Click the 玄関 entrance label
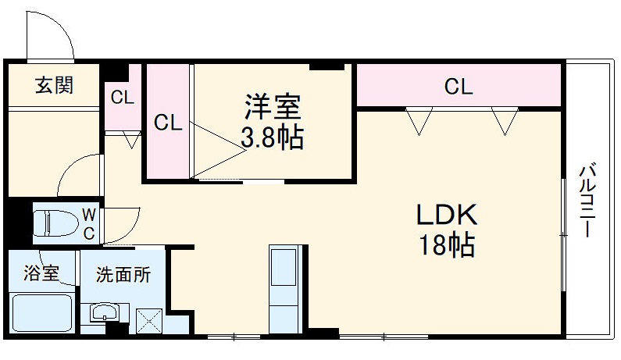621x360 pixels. [54, 85]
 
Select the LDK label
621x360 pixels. [444, 215]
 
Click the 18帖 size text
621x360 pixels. [445, 246]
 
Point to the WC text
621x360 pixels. [89, 223]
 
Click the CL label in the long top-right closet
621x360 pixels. [459, 86]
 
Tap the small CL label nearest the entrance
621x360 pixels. [122, 98]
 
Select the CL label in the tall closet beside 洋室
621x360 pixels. [167, 123]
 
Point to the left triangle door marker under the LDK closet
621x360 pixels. [419, 119]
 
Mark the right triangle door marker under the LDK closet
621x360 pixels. [505, 119]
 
